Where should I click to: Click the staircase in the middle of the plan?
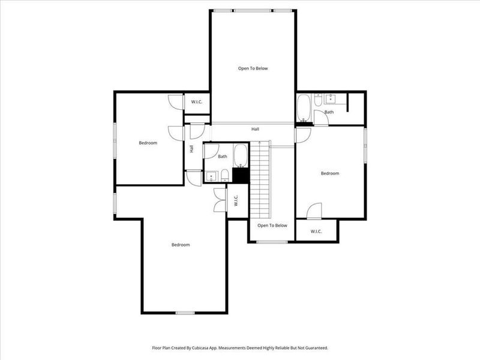pos(260,179)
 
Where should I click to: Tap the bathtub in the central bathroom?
pos(241,155)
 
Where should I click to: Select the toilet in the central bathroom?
pos(224,175)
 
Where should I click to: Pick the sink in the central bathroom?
pos(211,176)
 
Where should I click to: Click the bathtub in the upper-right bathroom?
pos(304,108)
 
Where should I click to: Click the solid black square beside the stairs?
pos(241,175)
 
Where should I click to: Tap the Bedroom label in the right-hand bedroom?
pos(329,173)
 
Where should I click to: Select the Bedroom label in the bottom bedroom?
pos(181,245)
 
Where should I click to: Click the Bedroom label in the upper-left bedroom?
pos(148,143)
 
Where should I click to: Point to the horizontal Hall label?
pos(255,129)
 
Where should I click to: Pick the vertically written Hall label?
pos(191,148)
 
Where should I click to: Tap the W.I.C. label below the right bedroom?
pos(316,232)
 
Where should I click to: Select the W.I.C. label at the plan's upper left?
pos(197,102)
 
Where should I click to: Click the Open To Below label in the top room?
pos(253,68)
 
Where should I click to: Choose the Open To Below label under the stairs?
pos(272,226)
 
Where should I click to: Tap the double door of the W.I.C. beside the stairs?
pos(220,200)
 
